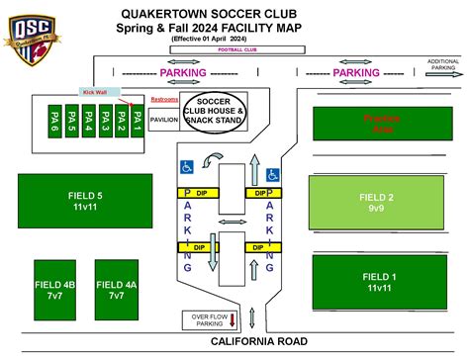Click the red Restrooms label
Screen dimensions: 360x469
point(165,100)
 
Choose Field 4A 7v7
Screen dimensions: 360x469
point(116,290)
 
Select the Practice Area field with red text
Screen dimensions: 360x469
point(381,124)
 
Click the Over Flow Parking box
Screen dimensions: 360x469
point(208,319)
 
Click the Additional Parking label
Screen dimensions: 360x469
point(442,64)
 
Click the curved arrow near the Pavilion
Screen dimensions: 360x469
point(211,160)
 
